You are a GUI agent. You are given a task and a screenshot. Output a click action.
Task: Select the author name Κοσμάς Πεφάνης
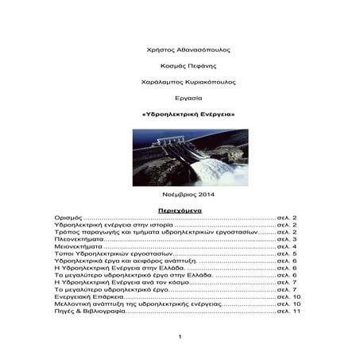(179, 66)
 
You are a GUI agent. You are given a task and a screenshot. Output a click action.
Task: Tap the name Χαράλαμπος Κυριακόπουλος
(179, 82)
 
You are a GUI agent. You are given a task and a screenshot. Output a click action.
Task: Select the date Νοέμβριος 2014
(179, 195)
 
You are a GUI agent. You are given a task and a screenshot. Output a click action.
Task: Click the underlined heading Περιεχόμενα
(180, 210)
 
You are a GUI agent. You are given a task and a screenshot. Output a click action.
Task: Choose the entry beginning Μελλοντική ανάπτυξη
(126, 304)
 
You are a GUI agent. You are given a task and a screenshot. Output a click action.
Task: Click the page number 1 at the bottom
(180, 339)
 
